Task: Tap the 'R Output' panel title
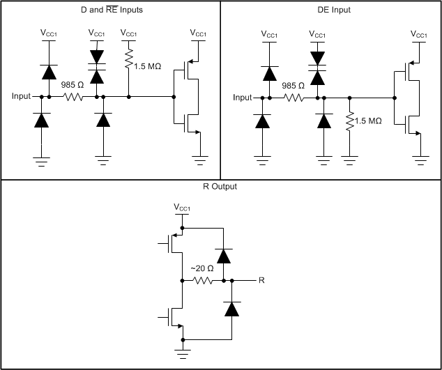click(x=221, y=187)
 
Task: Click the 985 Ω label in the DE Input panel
click(x=293, y=85)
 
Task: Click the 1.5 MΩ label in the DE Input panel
click(x=369, y=121)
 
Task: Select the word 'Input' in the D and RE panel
click(x=22, y=96)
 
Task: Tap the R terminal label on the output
click(x=261, y=280)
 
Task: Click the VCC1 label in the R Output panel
click(x=183, y=207)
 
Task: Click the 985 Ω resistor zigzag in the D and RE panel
click(x=73, y=97)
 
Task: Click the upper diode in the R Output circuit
click(x=223, y=256)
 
